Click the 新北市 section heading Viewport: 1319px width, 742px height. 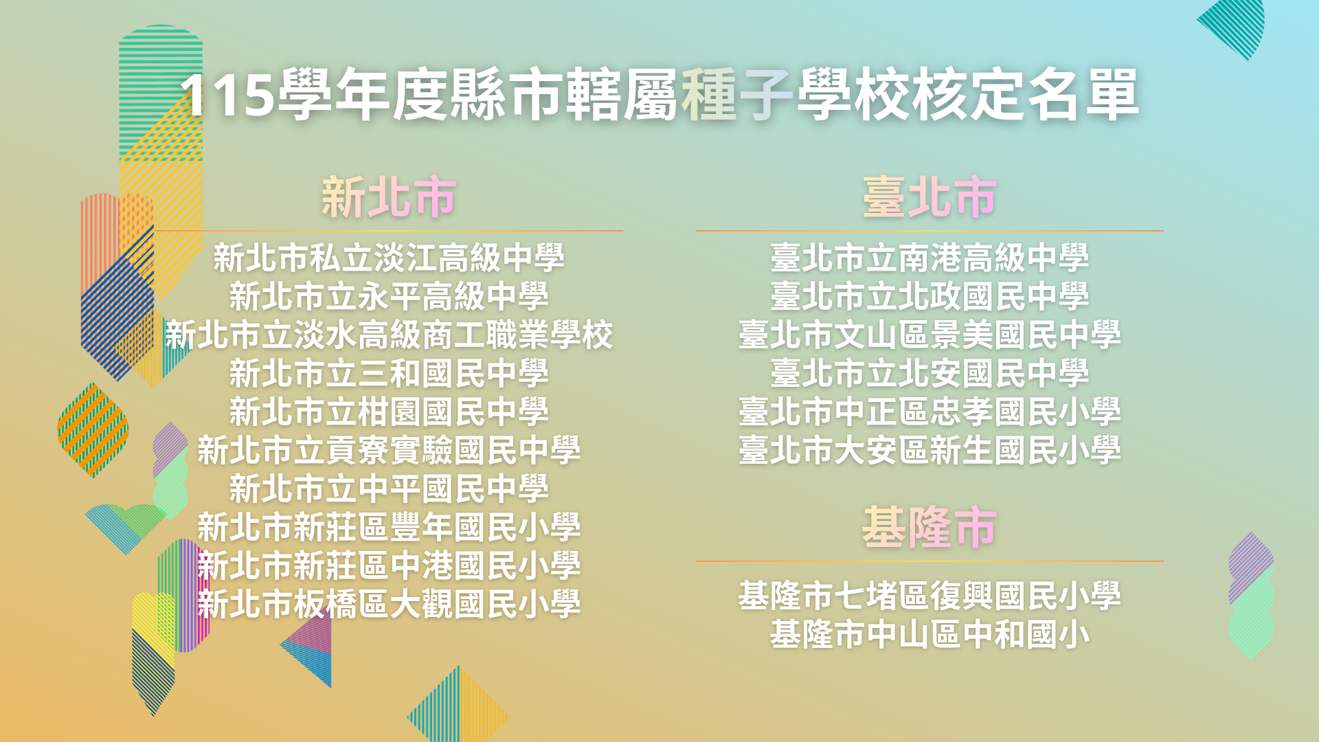389,198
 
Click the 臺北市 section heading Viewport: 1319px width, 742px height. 929,198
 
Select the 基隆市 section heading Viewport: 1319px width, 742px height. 929,528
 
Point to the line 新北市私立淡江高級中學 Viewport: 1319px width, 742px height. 389,258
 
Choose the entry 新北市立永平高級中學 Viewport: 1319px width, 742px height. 389,296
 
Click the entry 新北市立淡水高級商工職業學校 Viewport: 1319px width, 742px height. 389,335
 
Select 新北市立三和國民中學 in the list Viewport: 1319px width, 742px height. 389,373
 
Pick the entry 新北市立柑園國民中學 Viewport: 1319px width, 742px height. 389,412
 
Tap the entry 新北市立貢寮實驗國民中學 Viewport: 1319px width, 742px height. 389,450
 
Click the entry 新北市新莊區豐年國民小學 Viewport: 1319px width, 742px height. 389,527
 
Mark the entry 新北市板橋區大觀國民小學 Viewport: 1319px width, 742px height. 389,604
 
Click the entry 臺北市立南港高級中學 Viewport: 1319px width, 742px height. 929,258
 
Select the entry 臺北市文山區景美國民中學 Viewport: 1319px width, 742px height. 929,335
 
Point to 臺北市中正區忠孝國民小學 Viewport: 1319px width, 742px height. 929,412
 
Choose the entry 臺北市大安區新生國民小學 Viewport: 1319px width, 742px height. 929,450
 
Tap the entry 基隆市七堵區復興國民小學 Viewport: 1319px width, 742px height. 929,596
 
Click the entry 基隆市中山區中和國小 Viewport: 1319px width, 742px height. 929,634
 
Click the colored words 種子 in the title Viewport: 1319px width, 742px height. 737,94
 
